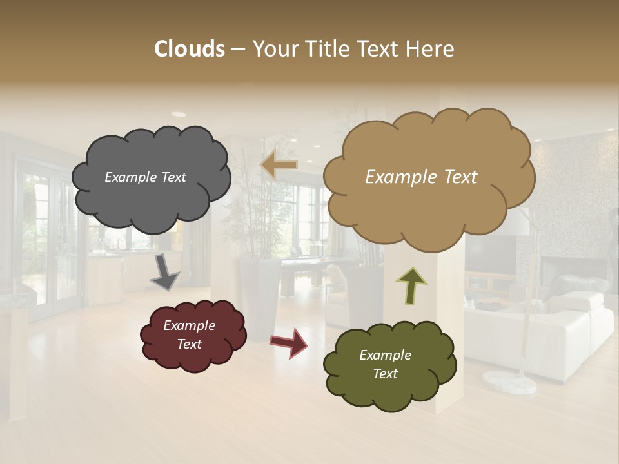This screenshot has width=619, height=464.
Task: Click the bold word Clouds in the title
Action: pyautogui.click(x=190, y=49)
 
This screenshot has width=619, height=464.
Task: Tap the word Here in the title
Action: pyautogui.click(x=431, y=49)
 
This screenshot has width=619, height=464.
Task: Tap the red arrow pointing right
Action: pyautogui.click(x=289, y=342)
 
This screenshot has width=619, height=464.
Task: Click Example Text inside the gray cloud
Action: pyautogui.click(x=145, y=177)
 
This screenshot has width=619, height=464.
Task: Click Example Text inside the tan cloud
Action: pyautogui.click(x=421, y=177)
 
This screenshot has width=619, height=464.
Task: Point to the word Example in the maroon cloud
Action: pyautogui.click(x=189, y=325)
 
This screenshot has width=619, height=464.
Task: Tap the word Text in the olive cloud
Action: pyautogui.click(x=385, y=374)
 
